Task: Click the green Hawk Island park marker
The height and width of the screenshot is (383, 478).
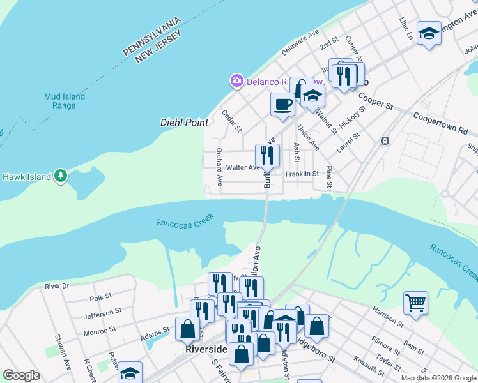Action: click(61, 176)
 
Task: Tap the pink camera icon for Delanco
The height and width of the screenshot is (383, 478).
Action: click(237, 80)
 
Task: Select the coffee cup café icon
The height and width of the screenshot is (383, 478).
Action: click(282, 104)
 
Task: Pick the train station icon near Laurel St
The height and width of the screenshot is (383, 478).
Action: click(385, 140)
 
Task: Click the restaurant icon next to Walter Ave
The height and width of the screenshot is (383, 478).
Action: click(267, 155)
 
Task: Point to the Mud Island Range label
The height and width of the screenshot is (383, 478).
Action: click(64, 101)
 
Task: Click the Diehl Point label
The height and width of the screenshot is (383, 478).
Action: click(184, 123)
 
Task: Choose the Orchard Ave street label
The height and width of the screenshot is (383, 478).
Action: click(219, 167)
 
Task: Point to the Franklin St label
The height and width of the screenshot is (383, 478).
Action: click(302, 174)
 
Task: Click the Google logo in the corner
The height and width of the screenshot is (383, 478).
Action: click(22, 375)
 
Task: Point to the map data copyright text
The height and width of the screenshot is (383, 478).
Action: click(438, 378)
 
